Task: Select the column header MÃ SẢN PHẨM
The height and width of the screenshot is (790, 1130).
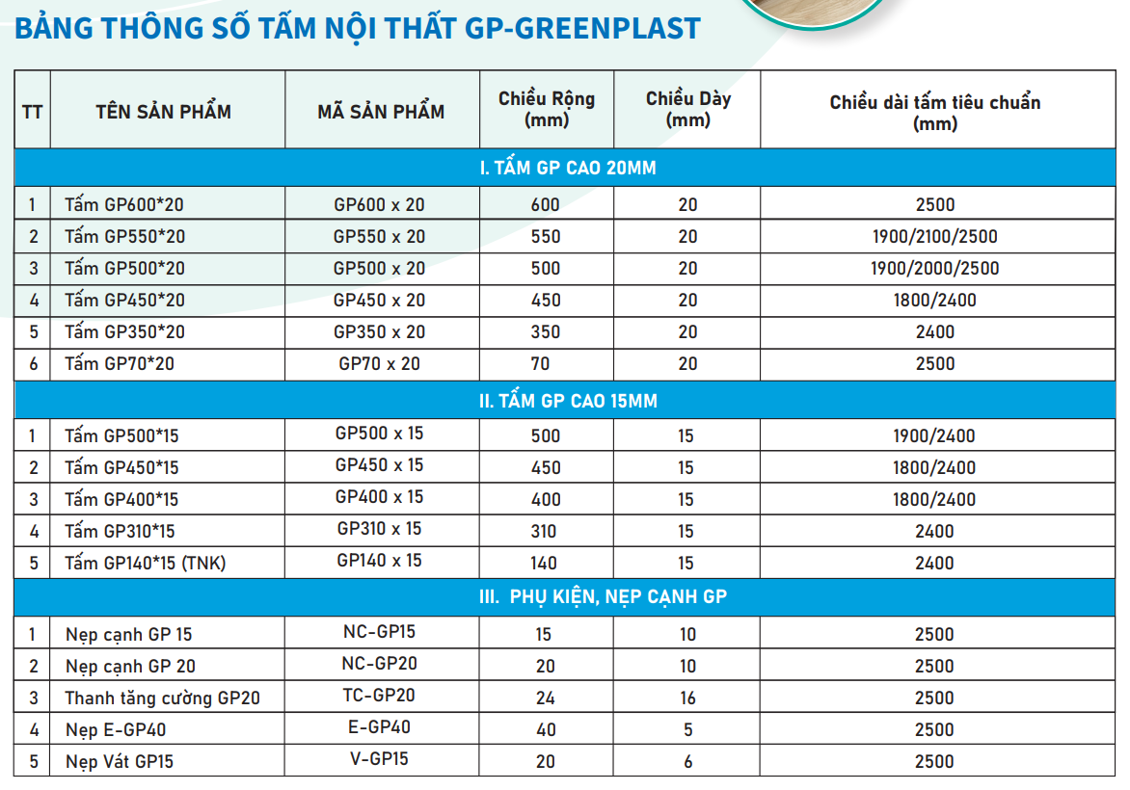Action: (381, 112)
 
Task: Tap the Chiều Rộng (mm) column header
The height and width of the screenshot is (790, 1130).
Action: (547, 109)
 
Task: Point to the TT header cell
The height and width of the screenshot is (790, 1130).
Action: (32, 112)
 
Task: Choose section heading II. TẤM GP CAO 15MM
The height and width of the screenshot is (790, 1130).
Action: (568, 401)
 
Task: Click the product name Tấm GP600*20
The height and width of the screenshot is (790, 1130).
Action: (124, 205)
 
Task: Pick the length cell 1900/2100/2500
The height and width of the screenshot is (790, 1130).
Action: (933, 237)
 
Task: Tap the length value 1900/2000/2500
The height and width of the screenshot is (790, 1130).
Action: (933, 269)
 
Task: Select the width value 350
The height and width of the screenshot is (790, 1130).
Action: (546, 332)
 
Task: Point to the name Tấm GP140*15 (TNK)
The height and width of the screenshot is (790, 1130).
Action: (145, 564)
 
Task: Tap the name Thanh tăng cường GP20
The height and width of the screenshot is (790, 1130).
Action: (162, 698)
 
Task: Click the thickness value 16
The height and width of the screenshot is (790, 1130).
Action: (686, 698)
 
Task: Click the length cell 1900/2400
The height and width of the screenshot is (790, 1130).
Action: (933, 436)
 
